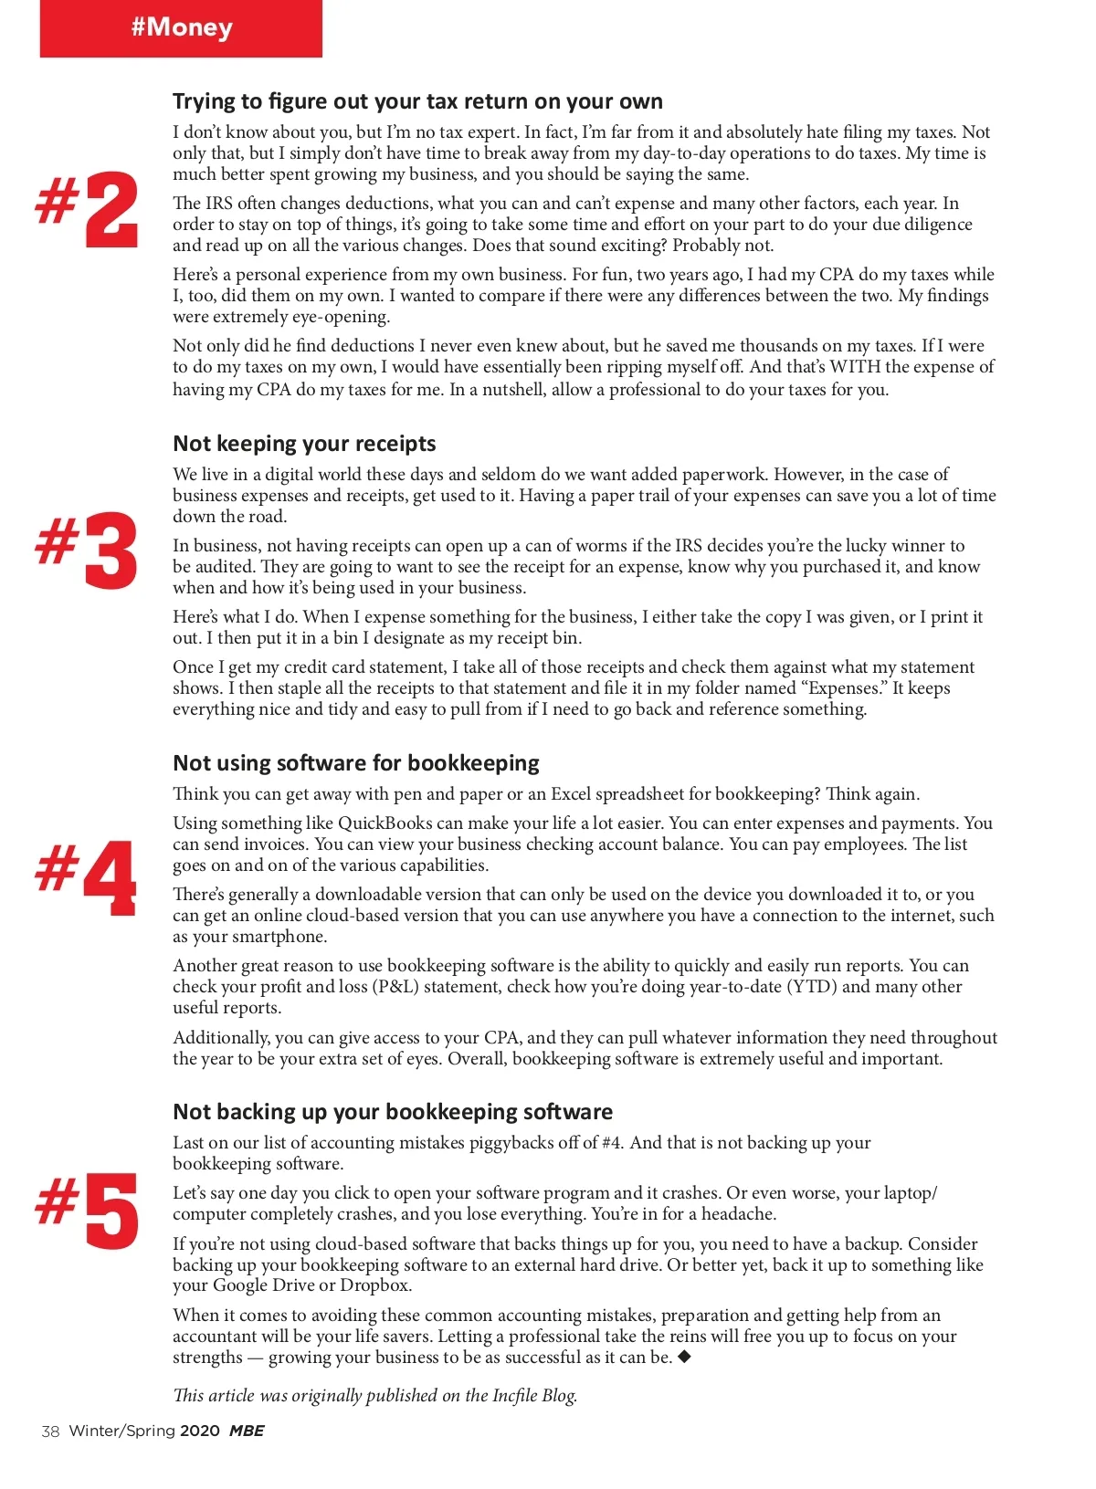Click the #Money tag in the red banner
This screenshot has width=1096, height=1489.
[x=182, y=27]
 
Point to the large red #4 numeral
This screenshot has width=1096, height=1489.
[x=89, y=876]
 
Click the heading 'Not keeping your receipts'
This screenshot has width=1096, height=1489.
[x=304, y=444]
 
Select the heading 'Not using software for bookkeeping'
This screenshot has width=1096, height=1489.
[x=355, y=763]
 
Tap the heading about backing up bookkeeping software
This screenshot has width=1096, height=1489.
[x=393, y=1112]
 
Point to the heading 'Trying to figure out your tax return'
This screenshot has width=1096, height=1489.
[x=417, y=101]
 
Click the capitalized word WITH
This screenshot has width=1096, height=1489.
[x=854, y=367]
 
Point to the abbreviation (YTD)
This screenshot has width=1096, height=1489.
[x=811, y=987]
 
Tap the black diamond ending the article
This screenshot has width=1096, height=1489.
[x=684, y=1357]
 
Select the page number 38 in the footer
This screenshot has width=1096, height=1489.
[x=50, y=1431]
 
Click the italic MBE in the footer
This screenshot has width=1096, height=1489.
[x=246, y=1431]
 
